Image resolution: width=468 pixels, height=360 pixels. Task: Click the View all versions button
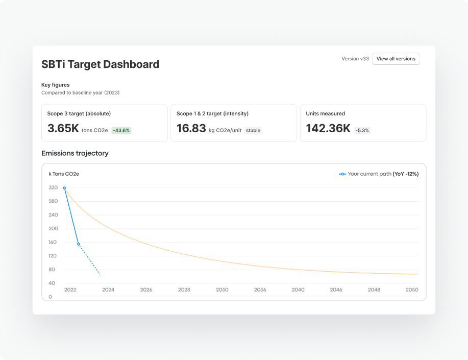[396, 59]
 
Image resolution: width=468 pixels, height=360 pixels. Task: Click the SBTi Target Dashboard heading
[100, 64]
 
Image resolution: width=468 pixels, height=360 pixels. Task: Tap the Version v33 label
[355, 59]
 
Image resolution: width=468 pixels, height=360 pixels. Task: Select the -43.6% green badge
[121, 130]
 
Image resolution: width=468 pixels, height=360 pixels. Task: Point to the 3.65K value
[63, 129]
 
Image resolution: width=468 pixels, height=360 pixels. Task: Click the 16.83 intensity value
[191, 129]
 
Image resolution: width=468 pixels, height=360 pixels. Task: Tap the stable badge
[253, 131]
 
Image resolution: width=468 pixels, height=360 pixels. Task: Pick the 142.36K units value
[328, 129]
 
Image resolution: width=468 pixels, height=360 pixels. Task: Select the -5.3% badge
[362, 130]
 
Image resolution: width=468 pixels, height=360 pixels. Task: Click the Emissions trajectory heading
[75, 153]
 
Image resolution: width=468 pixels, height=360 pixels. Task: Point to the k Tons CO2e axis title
[64, 174]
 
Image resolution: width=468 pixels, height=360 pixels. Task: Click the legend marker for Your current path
[342, 174]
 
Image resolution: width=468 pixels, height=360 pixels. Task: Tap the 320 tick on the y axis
[53, 188]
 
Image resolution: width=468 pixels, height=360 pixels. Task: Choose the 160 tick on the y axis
[53, 243]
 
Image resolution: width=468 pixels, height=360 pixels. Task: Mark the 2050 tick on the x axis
[412, 290]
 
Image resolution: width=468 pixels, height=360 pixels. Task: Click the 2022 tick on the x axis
[70, 290]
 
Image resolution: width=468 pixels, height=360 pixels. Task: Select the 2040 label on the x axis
[298, 290]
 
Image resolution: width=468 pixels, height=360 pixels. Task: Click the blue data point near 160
[79, 244]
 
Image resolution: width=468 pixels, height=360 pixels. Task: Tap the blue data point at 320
[64, 188]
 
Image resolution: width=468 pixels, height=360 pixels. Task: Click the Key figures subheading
[56, 85]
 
